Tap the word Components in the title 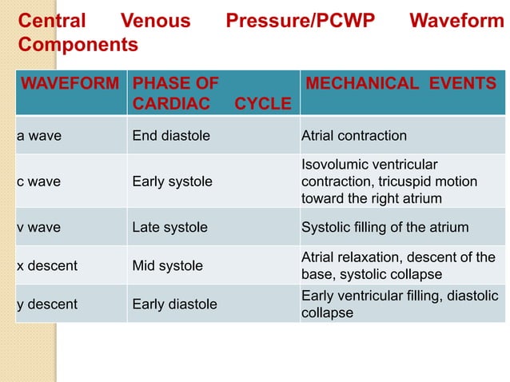click(78, 46)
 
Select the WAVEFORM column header click(70, 83)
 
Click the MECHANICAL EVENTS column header click(401, 83)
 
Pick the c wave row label click(39, 181)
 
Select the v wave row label click(39, 228)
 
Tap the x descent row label click(47, 265)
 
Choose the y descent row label click(47, 304)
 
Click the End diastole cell click(171, 136)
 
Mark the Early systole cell click(173, 181)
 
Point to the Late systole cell click(169, 228)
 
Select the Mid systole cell click(167, 265)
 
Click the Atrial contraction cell click(354, 136)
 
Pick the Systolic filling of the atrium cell click(384, 228)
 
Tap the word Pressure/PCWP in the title click(301, 21)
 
